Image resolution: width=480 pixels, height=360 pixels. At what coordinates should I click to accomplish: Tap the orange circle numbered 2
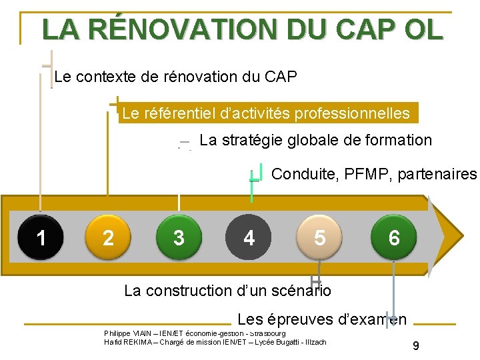(109, 237)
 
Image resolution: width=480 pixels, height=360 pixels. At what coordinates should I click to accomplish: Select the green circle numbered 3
(179, 237)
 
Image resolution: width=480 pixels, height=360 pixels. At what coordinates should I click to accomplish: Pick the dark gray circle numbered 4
(249, 237)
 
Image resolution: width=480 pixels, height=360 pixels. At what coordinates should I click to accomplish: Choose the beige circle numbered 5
(320, 237)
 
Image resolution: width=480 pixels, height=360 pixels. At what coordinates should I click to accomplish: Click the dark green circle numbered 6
(393, 237)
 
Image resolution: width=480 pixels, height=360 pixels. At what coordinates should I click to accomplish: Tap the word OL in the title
(423, 29)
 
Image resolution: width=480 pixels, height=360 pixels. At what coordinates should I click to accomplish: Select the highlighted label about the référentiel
(267, 113)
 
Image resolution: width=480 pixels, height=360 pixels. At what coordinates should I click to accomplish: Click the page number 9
(416, 346)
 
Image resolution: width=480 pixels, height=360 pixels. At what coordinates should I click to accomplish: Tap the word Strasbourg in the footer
(267, 333)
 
